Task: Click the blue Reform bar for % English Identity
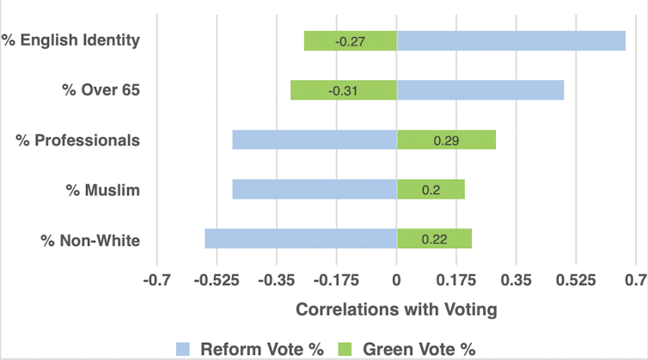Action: (510, 40)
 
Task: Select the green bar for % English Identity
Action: (350, 40)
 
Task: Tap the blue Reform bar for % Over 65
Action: (480, 90)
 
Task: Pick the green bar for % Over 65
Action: (343, 90)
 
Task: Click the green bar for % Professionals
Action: (446, 139)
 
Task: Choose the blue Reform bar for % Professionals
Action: (314, 139)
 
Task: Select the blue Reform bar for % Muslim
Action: (314, 189)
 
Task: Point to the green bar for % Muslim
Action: (431, 189)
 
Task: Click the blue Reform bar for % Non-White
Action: (300, 238)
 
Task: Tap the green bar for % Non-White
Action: (434, 238)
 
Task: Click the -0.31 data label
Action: (344, 90)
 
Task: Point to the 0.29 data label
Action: (445, 139)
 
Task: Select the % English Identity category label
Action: (70, 40)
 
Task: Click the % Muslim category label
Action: (102, 189)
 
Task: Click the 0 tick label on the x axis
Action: (396, 280)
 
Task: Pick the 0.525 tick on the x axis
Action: (576, 280)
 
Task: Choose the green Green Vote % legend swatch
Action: (345, 348)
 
